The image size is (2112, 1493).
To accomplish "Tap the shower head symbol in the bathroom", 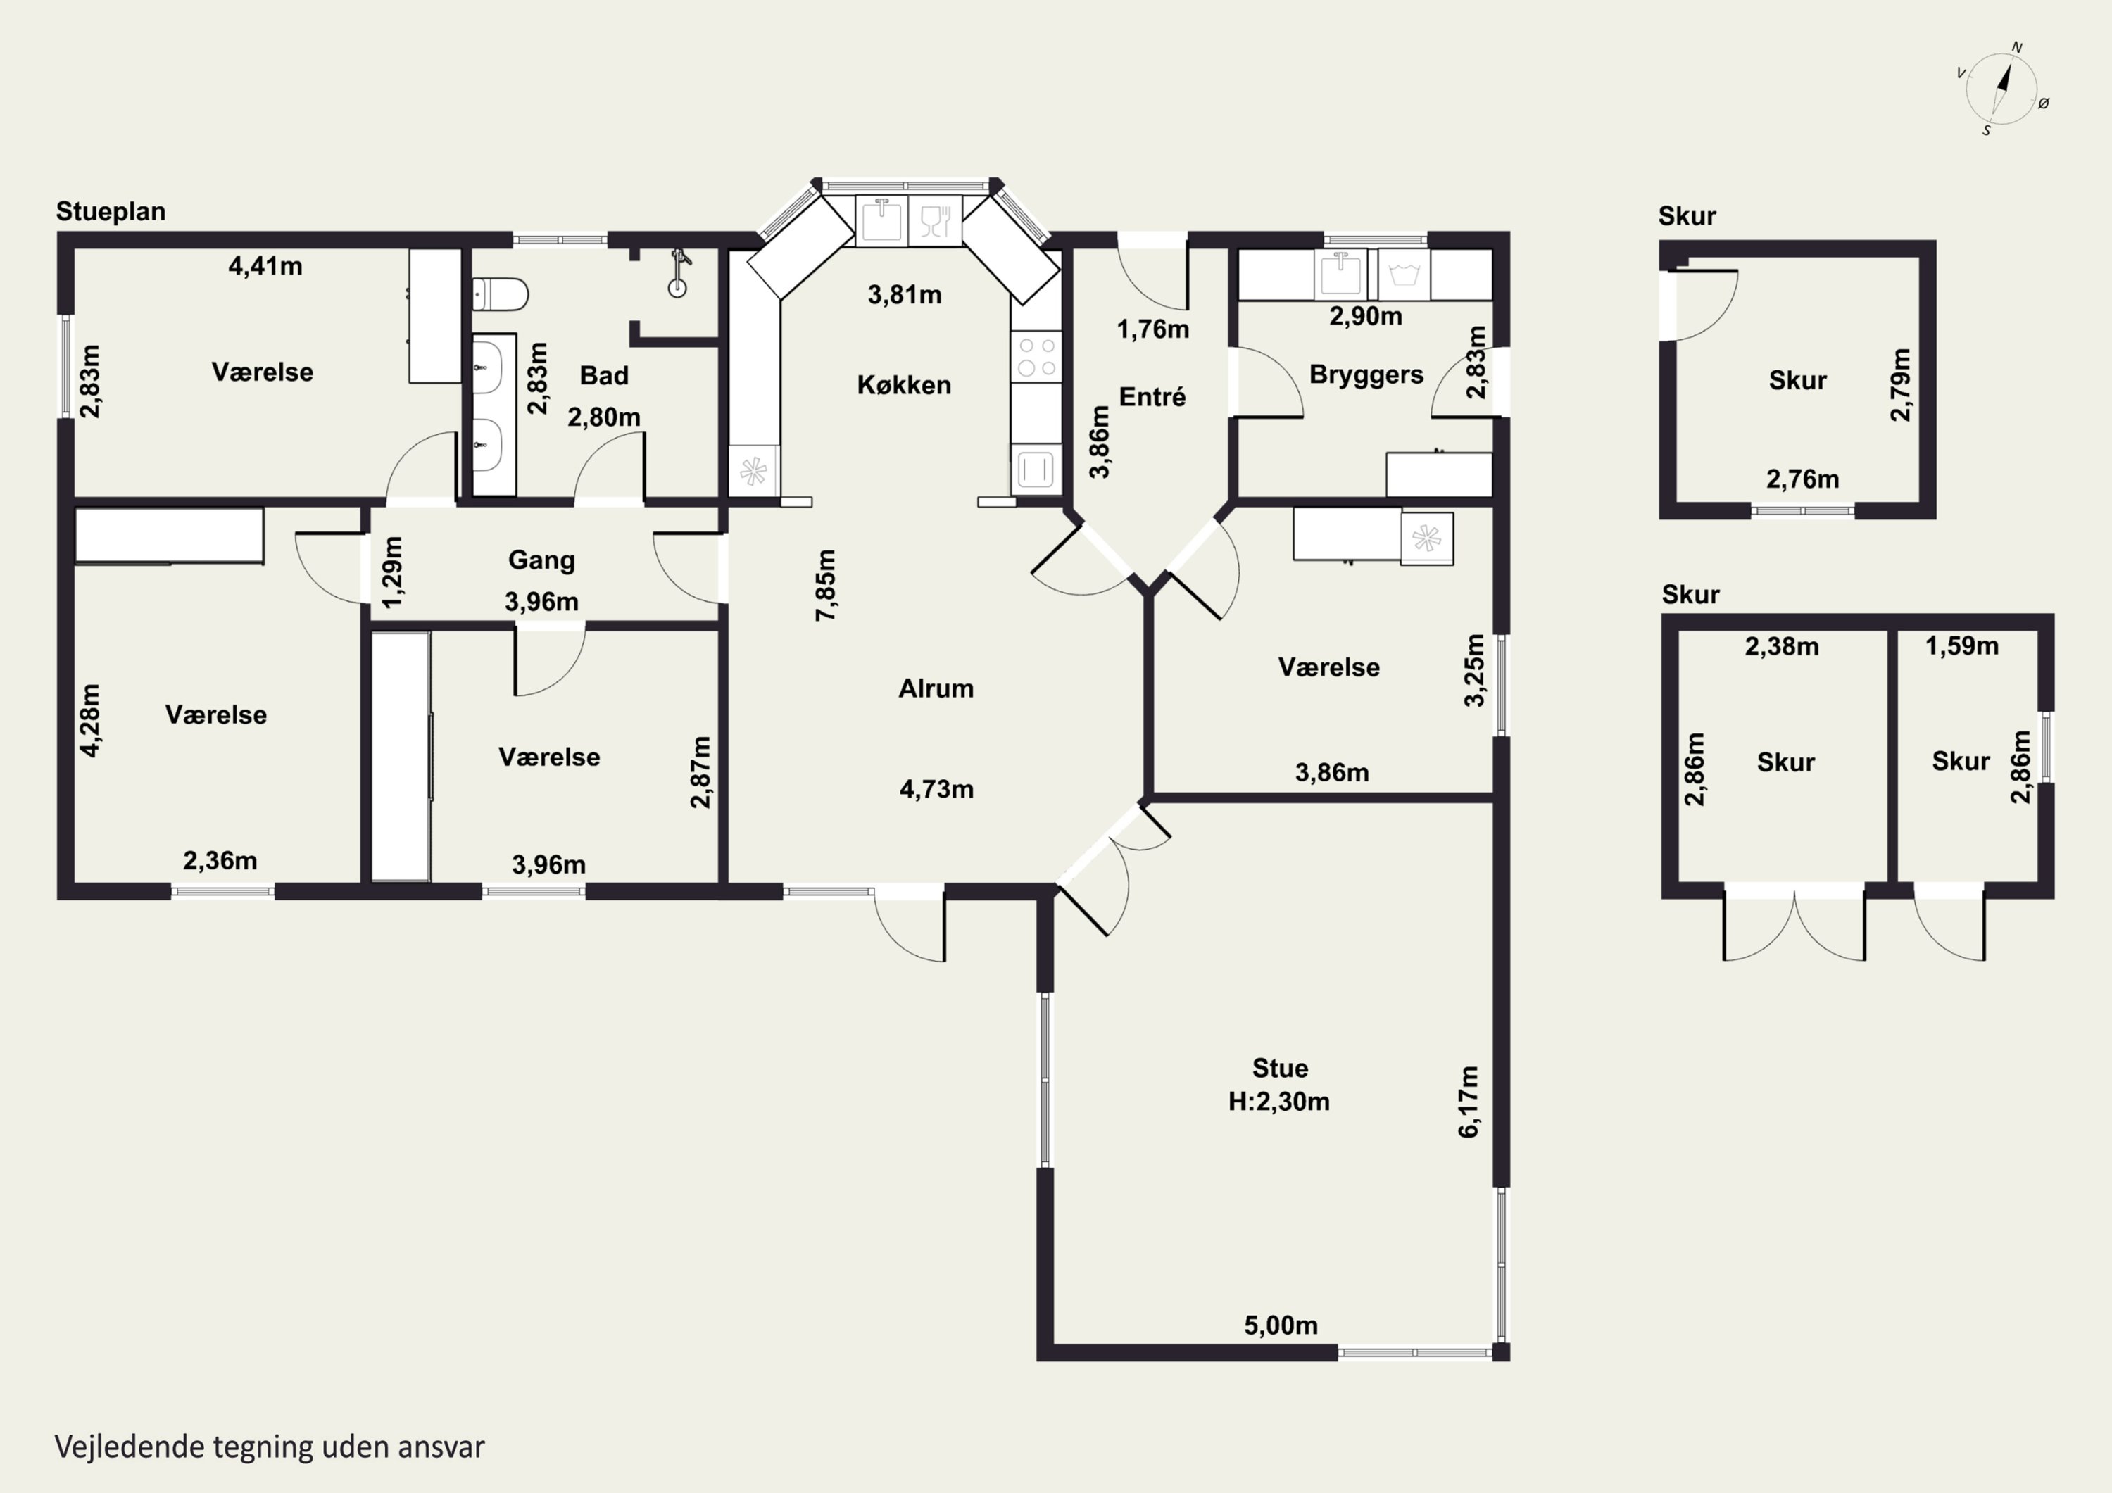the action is (x=679, y=272).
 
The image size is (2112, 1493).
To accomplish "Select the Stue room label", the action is (x=1280, y=1068).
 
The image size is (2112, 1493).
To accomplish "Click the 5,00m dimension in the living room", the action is (x=1281, y=1325).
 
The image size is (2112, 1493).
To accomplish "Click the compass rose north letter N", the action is (x=2017, y=47).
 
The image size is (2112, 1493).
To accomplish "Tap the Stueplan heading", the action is (x=111, y=212).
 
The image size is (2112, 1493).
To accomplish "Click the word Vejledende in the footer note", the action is (x=130, y=1447).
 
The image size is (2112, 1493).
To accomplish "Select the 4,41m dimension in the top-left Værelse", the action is (x=265, y=266).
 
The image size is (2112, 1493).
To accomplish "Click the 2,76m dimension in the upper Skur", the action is (x=1803, y=479).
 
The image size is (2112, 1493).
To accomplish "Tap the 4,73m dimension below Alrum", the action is (x=936, y=789).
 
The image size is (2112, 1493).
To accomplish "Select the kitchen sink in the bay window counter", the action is (x=881, y=221).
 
